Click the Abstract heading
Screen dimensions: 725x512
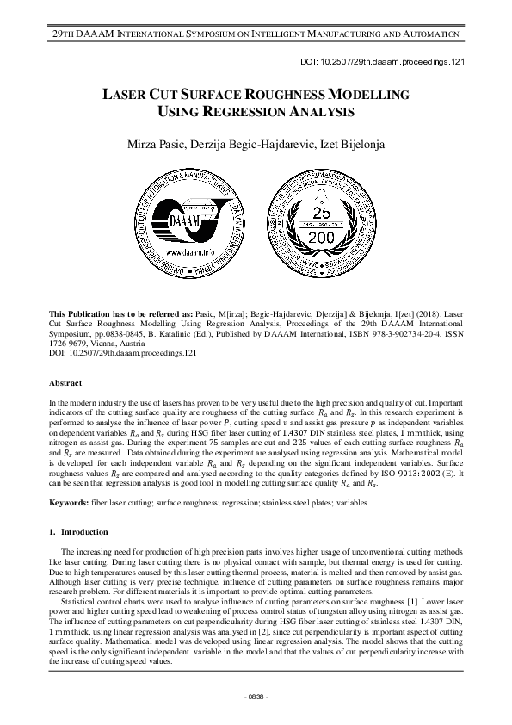pyautogui.click(x=65, y=382)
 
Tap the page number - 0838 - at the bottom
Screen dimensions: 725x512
pyautogui.click(x=256, y=695)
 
